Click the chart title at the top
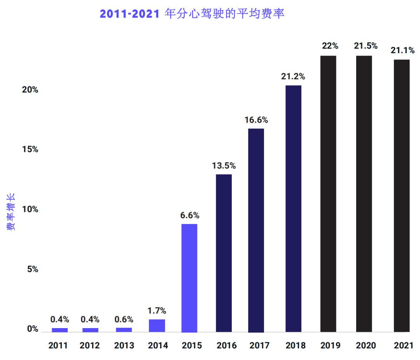(x=192, y=14)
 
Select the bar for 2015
(x=189, y=278)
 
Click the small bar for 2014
(x=157, y=326)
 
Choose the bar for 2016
(x=224, y=253)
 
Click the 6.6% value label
(x=190, y=215)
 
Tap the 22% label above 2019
(x=330, y=46)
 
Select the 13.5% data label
(x=224, y=166)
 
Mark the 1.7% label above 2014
(x=157, y=311)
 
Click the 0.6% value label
(x=124, y=320)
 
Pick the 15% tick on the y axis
(x=30, y=150)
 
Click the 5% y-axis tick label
(x=32, y=269)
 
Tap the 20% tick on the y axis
(x=30, y=90)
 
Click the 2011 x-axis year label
(x=58, y=345)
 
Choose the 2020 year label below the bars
(x=366, y=345)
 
